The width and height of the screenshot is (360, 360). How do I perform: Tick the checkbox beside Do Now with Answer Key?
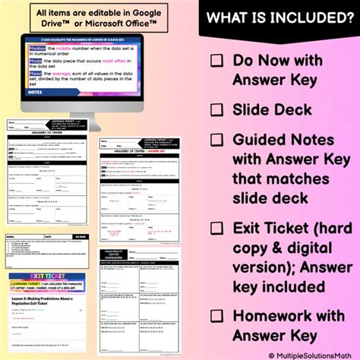coord(217,60)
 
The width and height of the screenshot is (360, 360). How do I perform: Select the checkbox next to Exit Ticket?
coord(217,229)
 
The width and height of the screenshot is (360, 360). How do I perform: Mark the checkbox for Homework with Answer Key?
coord(217,317)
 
